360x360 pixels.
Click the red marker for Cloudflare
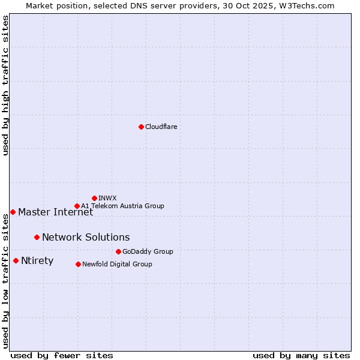click(x=141, y=127)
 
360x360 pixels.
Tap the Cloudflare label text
click(x=161, y=127)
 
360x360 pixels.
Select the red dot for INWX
click(x=94, y=198)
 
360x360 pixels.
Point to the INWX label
click(x=107, y=198)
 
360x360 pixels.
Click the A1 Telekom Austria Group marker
click(x=77, y=206)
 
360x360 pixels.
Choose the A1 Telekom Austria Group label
click(x=122, y=206)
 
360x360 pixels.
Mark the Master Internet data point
click(x=13, y=212)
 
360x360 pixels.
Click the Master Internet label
click(x=55, y=212)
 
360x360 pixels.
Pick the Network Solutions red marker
click(x=37, y=237)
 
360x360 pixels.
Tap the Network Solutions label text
click(x=86, y=237)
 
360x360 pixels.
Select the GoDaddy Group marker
click(x=118, y=251)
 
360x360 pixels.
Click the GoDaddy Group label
click(x=148, y=251)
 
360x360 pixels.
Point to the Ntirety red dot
click(x=16, y=260)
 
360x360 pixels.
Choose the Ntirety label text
click(x=37, y=260)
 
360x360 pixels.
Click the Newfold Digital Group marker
click(x=78, y=264)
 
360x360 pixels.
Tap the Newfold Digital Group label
click(x=117, y=264)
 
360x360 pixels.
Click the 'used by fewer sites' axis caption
click(x=62, y=355)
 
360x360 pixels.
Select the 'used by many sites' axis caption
click(x=301, y=355)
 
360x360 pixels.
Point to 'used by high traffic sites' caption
click(x=5, y=86)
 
